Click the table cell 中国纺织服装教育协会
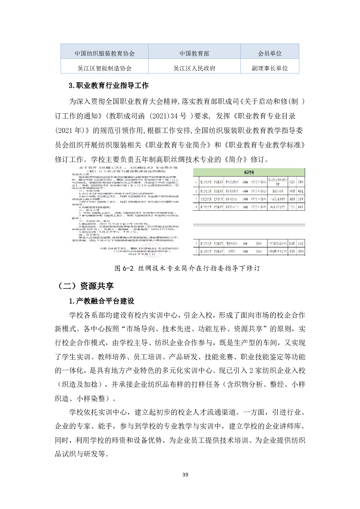[104, 53]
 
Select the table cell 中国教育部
[194, 53]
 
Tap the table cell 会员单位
[270, 53]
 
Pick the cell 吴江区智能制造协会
[104, 68]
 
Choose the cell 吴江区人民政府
[194, 68]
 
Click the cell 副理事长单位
[270, 68]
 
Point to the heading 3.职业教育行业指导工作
[109, 86]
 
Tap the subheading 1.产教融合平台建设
[102, 301]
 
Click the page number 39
[185, 475]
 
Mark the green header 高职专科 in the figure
[249, 172]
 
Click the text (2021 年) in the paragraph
[69, 131]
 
